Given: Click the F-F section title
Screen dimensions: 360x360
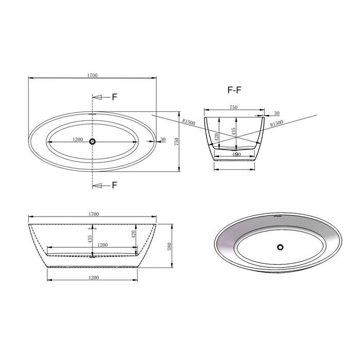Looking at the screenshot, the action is click(x=235, y=90).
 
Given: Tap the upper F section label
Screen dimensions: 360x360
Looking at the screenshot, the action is click(x=115, y=97).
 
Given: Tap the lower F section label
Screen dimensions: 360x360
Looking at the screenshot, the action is click(x=115, y=185).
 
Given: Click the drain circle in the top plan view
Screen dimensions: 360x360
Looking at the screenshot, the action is click(x=92, y=141).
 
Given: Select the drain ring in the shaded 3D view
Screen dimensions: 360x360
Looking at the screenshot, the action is click(x=280, y=247).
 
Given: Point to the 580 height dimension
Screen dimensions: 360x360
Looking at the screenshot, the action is click(x=170, y=246).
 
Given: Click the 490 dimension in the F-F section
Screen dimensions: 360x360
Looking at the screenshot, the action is click(x=236, y=154).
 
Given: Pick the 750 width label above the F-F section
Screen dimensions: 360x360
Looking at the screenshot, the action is click(x=233, y=107).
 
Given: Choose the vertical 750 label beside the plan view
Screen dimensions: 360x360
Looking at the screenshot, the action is click(x=176, y=141).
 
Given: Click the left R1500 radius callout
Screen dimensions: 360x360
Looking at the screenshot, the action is click(x=189, y=122).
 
